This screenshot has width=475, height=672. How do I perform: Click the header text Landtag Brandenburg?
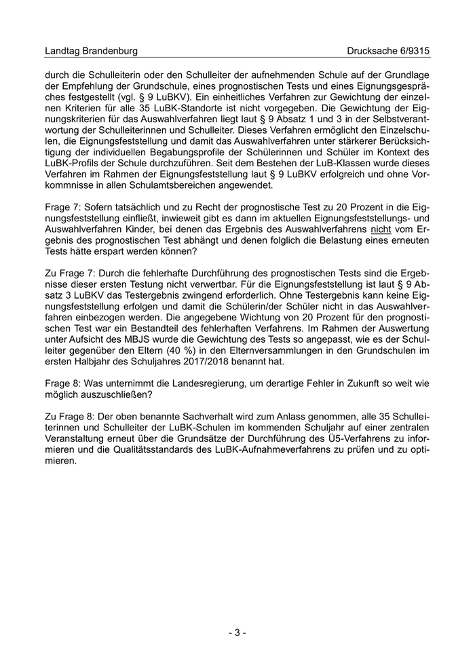pyautogui.click(x=91, y=51)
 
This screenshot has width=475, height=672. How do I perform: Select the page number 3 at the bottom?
pyautogui.click(x=237, y=633)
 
